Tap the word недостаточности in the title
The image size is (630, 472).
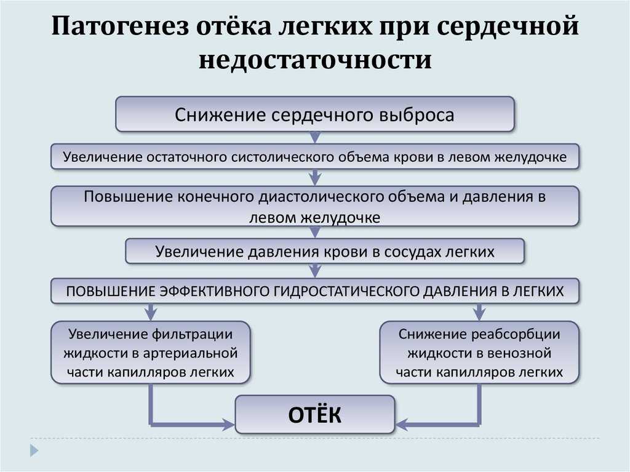[x=316, y=60]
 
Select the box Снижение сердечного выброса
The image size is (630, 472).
[x=315, y=114]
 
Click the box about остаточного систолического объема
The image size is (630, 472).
[x=315, y=156]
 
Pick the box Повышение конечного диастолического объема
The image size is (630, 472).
[x=315, y=206]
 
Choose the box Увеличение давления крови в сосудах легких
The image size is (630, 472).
[x=325, y=251]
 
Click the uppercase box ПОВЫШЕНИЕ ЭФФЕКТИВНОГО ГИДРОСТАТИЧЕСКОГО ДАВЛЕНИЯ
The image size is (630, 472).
[x=315, y=290]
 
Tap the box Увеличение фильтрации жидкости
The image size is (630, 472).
[x=151, y=352]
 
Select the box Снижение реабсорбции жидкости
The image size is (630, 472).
[x=479, y=352]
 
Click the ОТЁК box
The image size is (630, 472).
[x=315, y=415]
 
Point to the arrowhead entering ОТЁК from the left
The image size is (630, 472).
[x=229, y=424]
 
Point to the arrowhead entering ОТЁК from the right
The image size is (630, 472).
[x=402, y=424]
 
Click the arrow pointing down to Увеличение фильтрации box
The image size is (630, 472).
[x=151, y=312]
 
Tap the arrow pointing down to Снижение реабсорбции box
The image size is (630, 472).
[x=479, y=312]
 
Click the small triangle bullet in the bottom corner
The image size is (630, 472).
[x=34, y=450]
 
